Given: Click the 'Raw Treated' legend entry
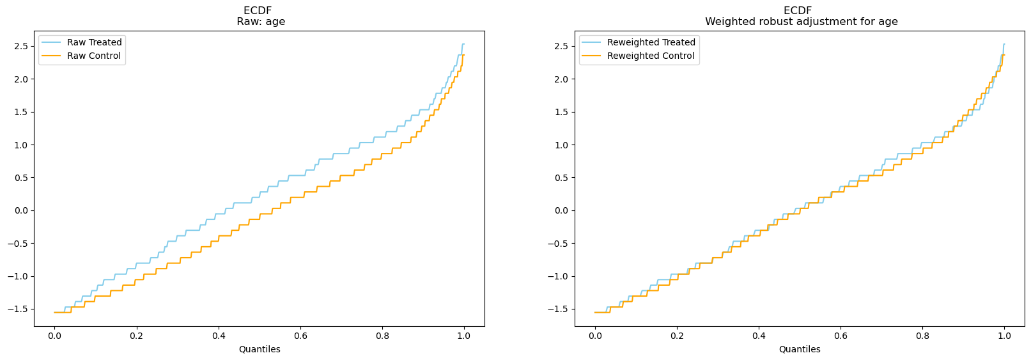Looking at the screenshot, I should pos(94,42).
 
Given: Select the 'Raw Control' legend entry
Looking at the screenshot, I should pos(93,56).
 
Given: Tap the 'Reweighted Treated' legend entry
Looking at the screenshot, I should pos(651,42).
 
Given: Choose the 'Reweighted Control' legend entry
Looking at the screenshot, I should pos(650,56).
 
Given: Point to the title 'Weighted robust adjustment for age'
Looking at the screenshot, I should pos(801,22).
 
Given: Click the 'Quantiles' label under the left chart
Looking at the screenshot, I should pos(260,349).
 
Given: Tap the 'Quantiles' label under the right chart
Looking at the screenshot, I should pos(800,349).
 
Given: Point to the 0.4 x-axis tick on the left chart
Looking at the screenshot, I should pos(219,335).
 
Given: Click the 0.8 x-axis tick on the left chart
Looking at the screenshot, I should pos(382,335).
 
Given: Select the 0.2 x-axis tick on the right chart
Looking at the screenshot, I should pos(677,335).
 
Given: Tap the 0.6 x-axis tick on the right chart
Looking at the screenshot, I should pos(841,335).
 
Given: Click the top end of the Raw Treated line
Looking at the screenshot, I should pos(463,44).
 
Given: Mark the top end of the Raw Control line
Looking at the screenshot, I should pos(463,55).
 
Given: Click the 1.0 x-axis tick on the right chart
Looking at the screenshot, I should pos(1004,335).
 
